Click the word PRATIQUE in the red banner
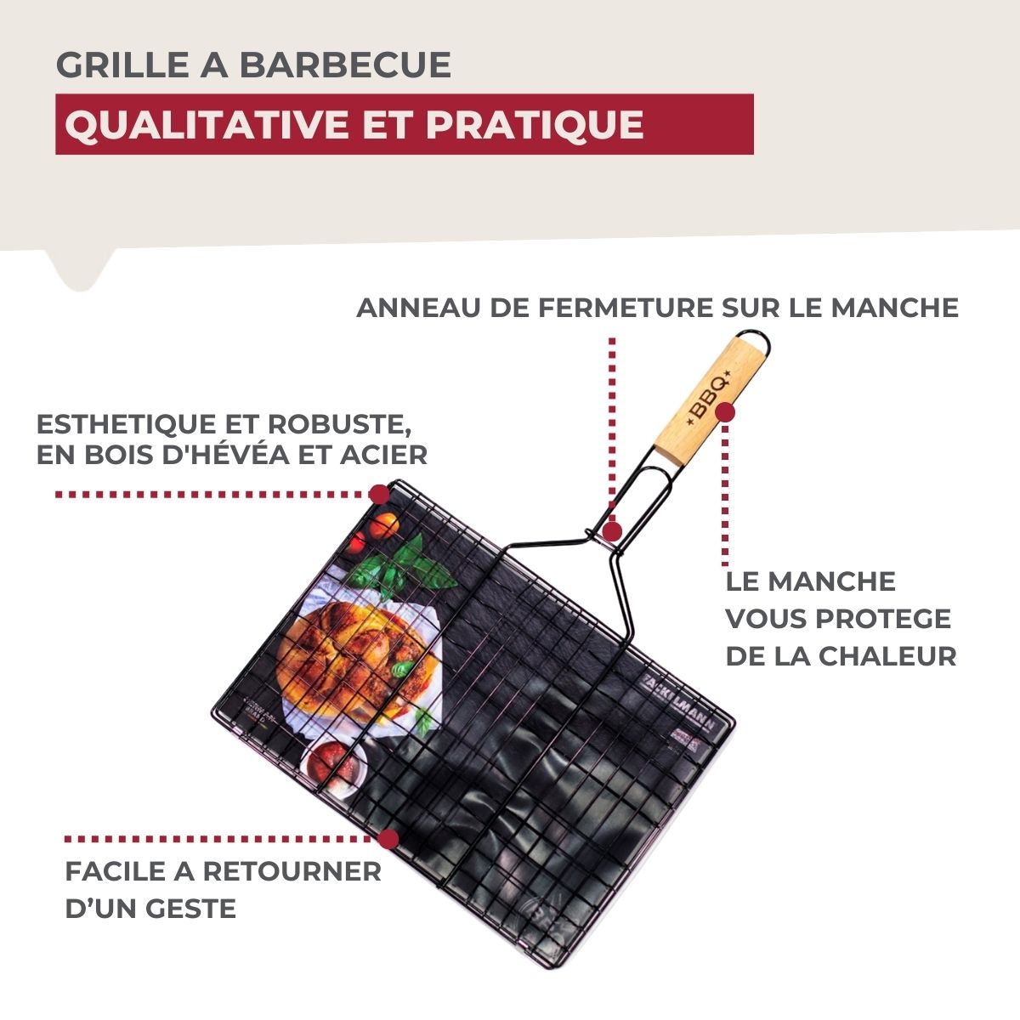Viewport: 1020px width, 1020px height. pos(534,125)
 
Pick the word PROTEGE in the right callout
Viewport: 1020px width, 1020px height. pos(883,619)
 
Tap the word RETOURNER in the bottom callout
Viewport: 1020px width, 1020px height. pos(292,871)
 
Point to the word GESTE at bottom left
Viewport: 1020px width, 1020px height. pos(191,909)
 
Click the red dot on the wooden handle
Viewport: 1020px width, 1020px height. pos(725,412)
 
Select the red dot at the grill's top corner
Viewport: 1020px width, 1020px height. pos(379,494)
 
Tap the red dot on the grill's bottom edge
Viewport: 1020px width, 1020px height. pos(388,840)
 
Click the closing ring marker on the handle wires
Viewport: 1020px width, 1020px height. pos(613,531)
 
